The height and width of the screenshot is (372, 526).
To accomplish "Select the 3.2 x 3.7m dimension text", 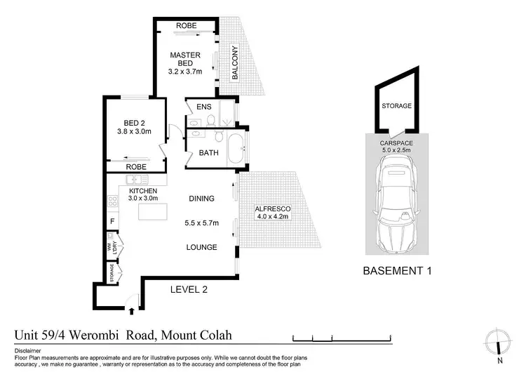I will click(x=186, y=71).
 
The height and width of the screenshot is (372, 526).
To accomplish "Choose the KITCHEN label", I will click(x=142, y=190).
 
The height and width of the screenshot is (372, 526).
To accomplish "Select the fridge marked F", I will click(x=112, y=222).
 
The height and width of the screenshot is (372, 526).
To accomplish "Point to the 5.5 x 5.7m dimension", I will click(x=201, y=223).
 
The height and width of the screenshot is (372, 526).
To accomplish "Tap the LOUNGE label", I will click(x=201, y=247).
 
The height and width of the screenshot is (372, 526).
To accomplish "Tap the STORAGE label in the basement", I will click(x=396, y=107).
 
